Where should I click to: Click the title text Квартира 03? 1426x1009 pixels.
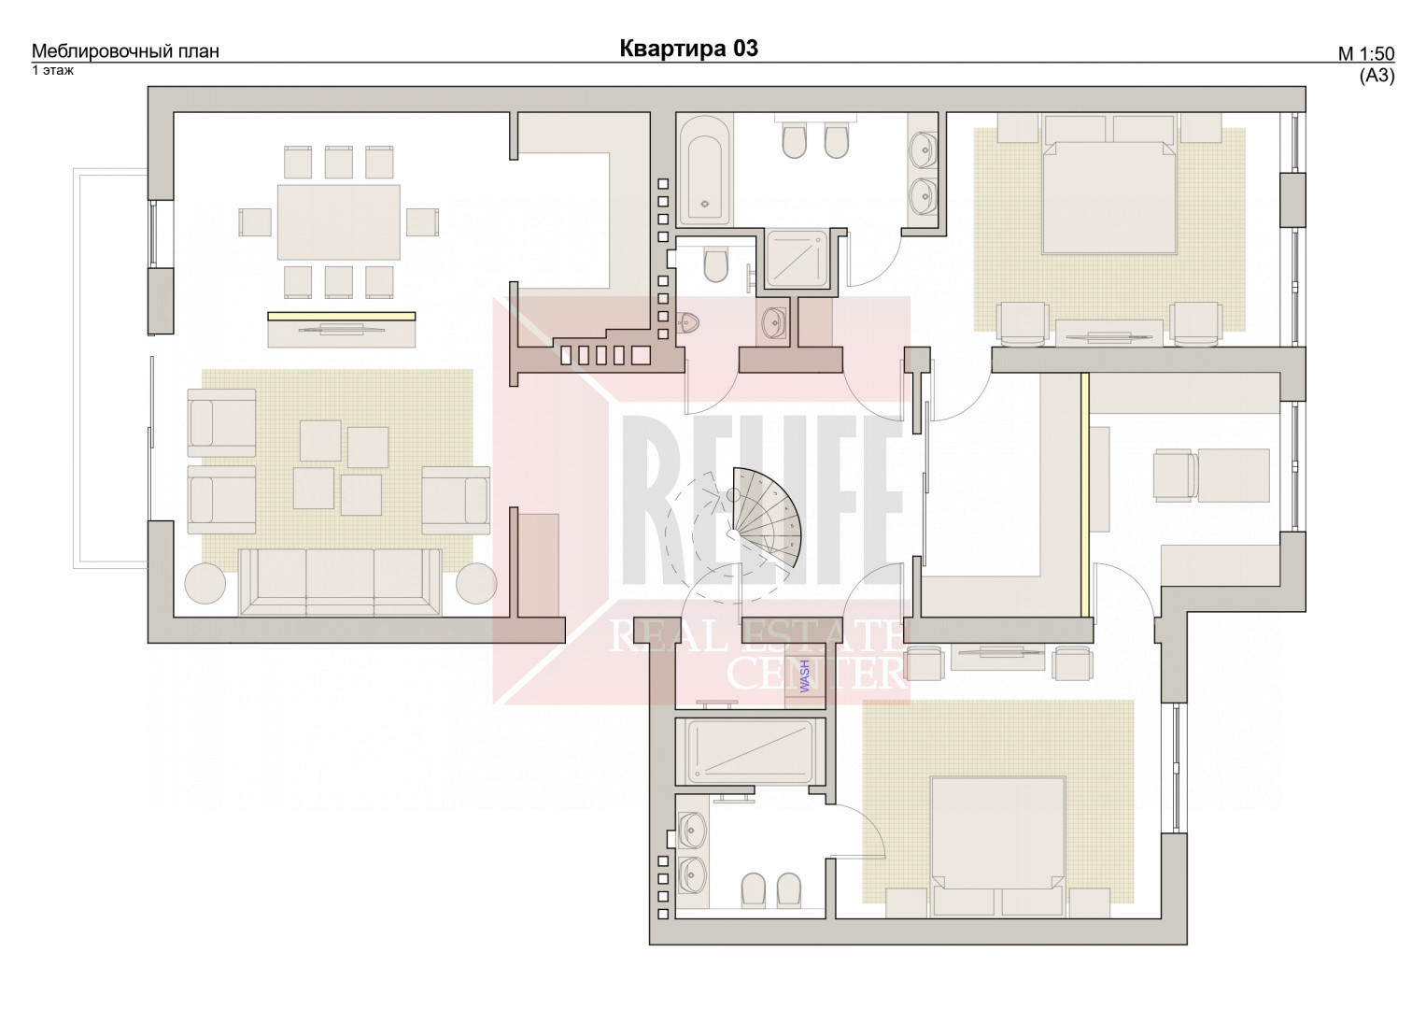click(x=689, y=49)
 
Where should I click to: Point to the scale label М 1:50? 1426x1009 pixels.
click(x=1366, y=54)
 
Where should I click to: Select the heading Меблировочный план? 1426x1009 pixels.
click(x=125, y=51)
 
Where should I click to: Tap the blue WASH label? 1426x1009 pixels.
click(x=805, y=676)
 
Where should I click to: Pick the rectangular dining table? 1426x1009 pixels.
click(x=339, y=222)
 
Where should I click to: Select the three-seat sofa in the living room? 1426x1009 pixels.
click(x=340, y=583)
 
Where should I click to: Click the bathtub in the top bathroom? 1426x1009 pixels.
click(x=704, y=169)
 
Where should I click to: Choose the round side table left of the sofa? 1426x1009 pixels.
click(x=205, y=583)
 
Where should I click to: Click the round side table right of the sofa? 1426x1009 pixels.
click(x=476, y=583)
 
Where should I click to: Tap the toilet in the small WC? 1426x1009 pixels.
click(x=715, y=265)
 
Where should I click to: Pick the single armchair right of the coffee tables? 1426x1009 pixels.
click(x=456, y=501)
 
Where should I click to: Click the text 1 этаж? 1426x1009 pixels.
click(x=53, y=70)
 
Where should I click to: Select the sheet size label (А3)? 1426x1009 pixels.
click(x=1377, y=76)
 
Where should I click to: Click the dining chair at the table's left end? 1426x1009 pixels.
click(x=255, y=222)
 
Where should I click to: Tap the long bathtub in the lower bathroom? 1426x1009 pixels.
click(x=751, y=752)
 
